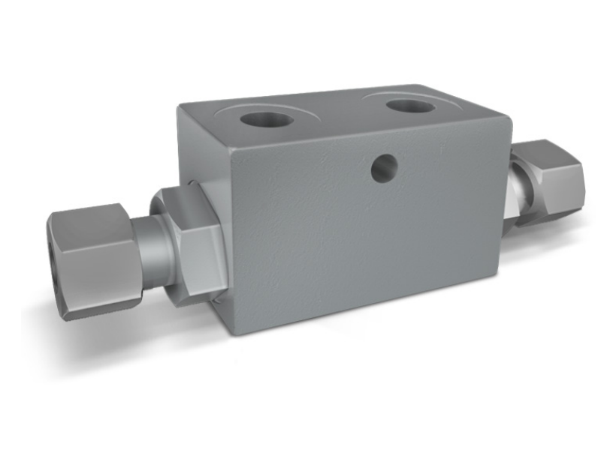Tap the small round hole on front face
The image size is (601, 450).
pos(383,168)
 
